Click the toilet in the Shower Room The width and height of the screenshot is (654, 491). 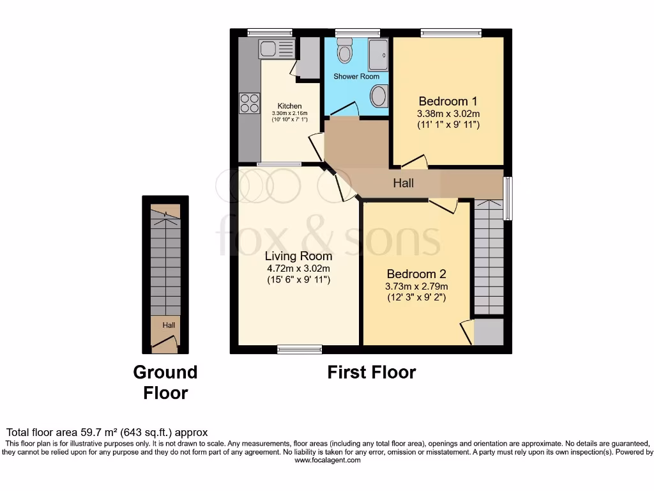[x=345, y=51]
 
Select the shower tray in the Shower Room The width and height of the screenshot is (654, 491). [x=378, y=54]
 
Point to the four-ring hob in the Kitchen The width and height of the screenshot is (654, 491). [x=249, y=103]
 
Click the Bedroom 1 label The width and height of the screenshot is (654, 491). [x=448, y=101]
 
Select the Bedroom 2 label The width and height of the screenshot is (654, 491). [x=416, y=274]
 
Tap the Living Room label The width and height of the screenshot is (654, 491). [x=298, y=256]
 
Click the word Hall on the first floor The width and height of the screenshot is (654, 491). [x=403, y=183]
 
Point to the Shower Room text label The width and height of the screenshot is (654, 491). [x=356, y=77]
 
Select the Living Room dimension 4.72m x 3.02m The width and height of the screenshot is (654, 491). [x=298, y=269]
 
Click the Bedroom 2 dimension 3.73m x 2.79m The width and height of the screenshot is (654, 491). [x=417, y=286]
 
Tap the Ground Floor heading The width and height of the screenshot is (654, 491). [x=165, y=382]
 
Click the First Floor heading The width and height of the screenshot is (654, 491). [x=372, y=372]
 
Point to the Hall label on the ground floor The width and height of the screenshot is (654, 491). [x=169, y=325]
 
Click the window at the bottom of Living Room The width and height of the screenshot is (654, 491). [x=300, y=349]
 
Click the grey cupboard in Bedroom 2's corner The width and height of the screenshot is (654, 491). [x=488, y=332]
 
